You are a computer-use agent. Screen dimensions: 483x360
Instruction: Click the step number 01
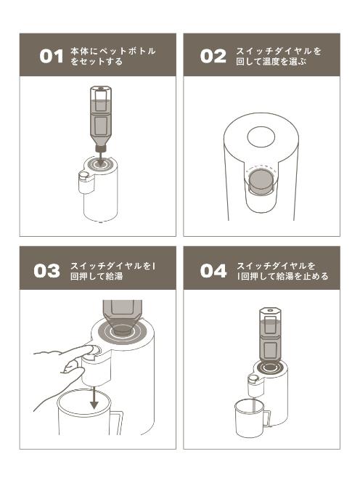tap(52, 56)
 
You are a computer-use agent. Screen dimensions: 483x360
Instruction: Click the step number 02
tap(213, 56)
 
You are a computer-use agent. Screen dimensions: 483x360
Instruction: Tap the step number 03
tap(47, 270)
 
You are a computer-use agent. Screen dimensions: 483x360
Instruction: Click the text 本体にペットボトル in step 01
tap(113, 51)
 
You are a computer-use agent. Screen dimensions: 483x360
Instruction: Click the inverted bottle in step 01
tap(99, 120)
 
